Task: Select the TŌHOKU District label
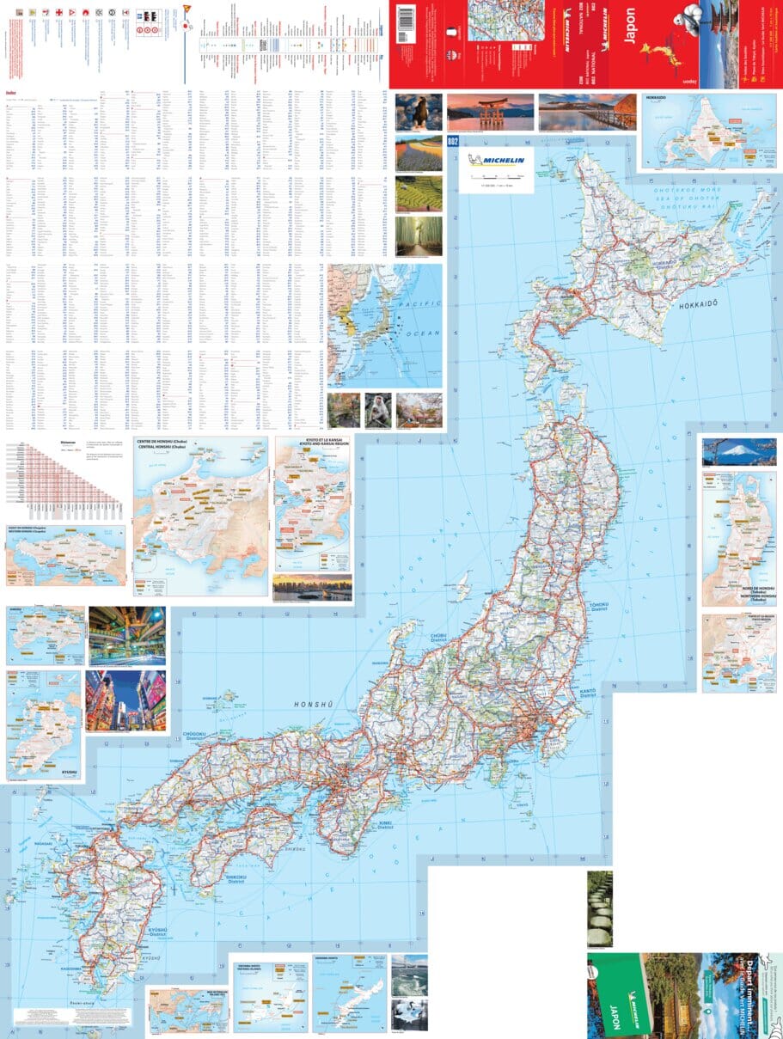pyautogui.click(x=599, y=608)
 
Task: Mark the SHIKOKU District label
pyautogui.click(x=236, y=879)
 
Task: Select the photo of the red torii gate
pyautogui.click(x=490, y=112)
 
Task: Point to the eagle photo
pyautogui.click(x=419, y=112)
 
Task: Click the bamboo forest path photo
pyautogui.click(x=419, y=236)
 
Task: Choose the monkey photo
pyautogui.click(x=377, y=411)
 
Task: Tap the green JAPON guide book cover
pyautogui.click(x=616, y=995)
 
